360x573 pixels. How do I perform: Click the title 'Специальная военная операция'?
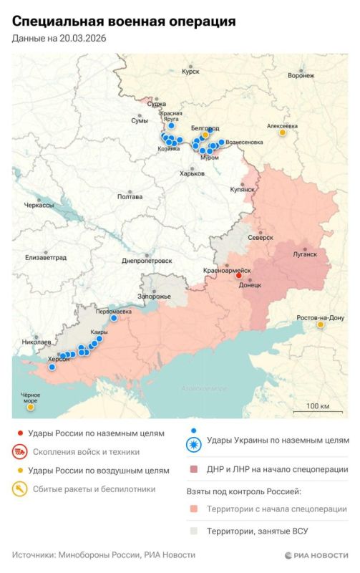click(x=124, y=23)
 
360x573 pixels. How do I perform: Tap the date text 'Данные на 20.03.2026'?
click(x=59, y=38)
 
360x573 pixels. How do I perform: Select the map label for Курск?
click(x=190, y=72)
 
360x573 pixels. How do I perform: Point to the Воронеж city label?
click(x=300, y=75)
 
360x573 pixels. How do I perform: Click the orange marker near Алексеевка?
click(x=283, y=133)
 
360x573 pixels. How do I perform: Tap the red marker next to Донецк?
click(x=240, y=276)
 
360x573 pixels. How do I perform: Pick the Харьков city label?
click(x=192, y=173)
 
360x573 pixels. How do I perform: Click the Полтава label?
click(x=130, y=197)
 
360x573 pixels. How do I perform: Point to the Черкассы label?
click(x=39, y=205)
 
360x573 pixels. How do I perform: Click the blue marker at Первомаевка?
click(x=114, y=319)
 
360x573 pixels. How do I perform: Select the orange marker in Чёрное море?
click(x=30, y=408)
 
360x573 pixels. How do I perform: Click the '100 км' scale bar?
click(x=316, y=411)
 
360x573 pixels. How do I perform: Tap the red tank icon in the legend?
click(x=20, y=452)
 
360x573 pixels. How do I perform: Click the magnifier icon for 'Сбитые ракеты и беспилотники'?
click(x=20, y=489)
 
